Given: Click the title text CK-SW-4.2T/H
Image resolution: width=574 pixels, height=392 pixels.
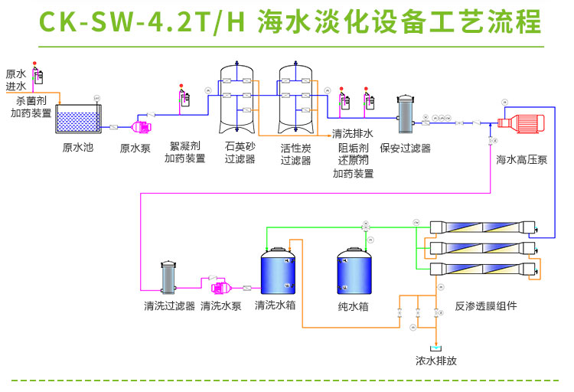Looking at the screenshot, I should coord(141,23).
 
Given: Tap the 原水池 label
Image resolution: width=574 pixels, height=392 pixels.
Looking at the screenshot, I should coord(77,147).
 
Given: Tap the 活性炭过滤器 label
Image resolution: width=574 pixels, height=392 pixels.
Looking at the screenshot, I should coord(295,154).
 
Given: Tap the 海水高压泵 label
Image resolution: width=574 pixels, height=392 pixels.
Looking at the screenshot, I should coord(521,160).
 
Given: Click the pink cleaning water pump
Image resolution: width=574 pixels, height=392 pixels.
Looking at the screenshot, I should coord(220,287).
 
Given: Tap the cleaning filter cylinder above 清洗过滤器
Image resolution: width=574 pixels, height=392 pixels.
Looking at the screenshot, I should coord(169,280).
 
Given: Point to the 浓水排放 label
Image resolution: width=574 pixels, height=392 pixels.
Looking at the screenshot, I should coord(436,361).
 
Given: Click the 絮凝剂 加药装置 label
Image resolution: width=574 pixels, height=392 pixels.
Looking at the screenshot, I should coord(184,152).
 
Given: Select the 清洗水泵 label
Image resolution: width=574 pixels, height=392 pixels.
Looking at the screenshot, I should coord(221,306).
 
